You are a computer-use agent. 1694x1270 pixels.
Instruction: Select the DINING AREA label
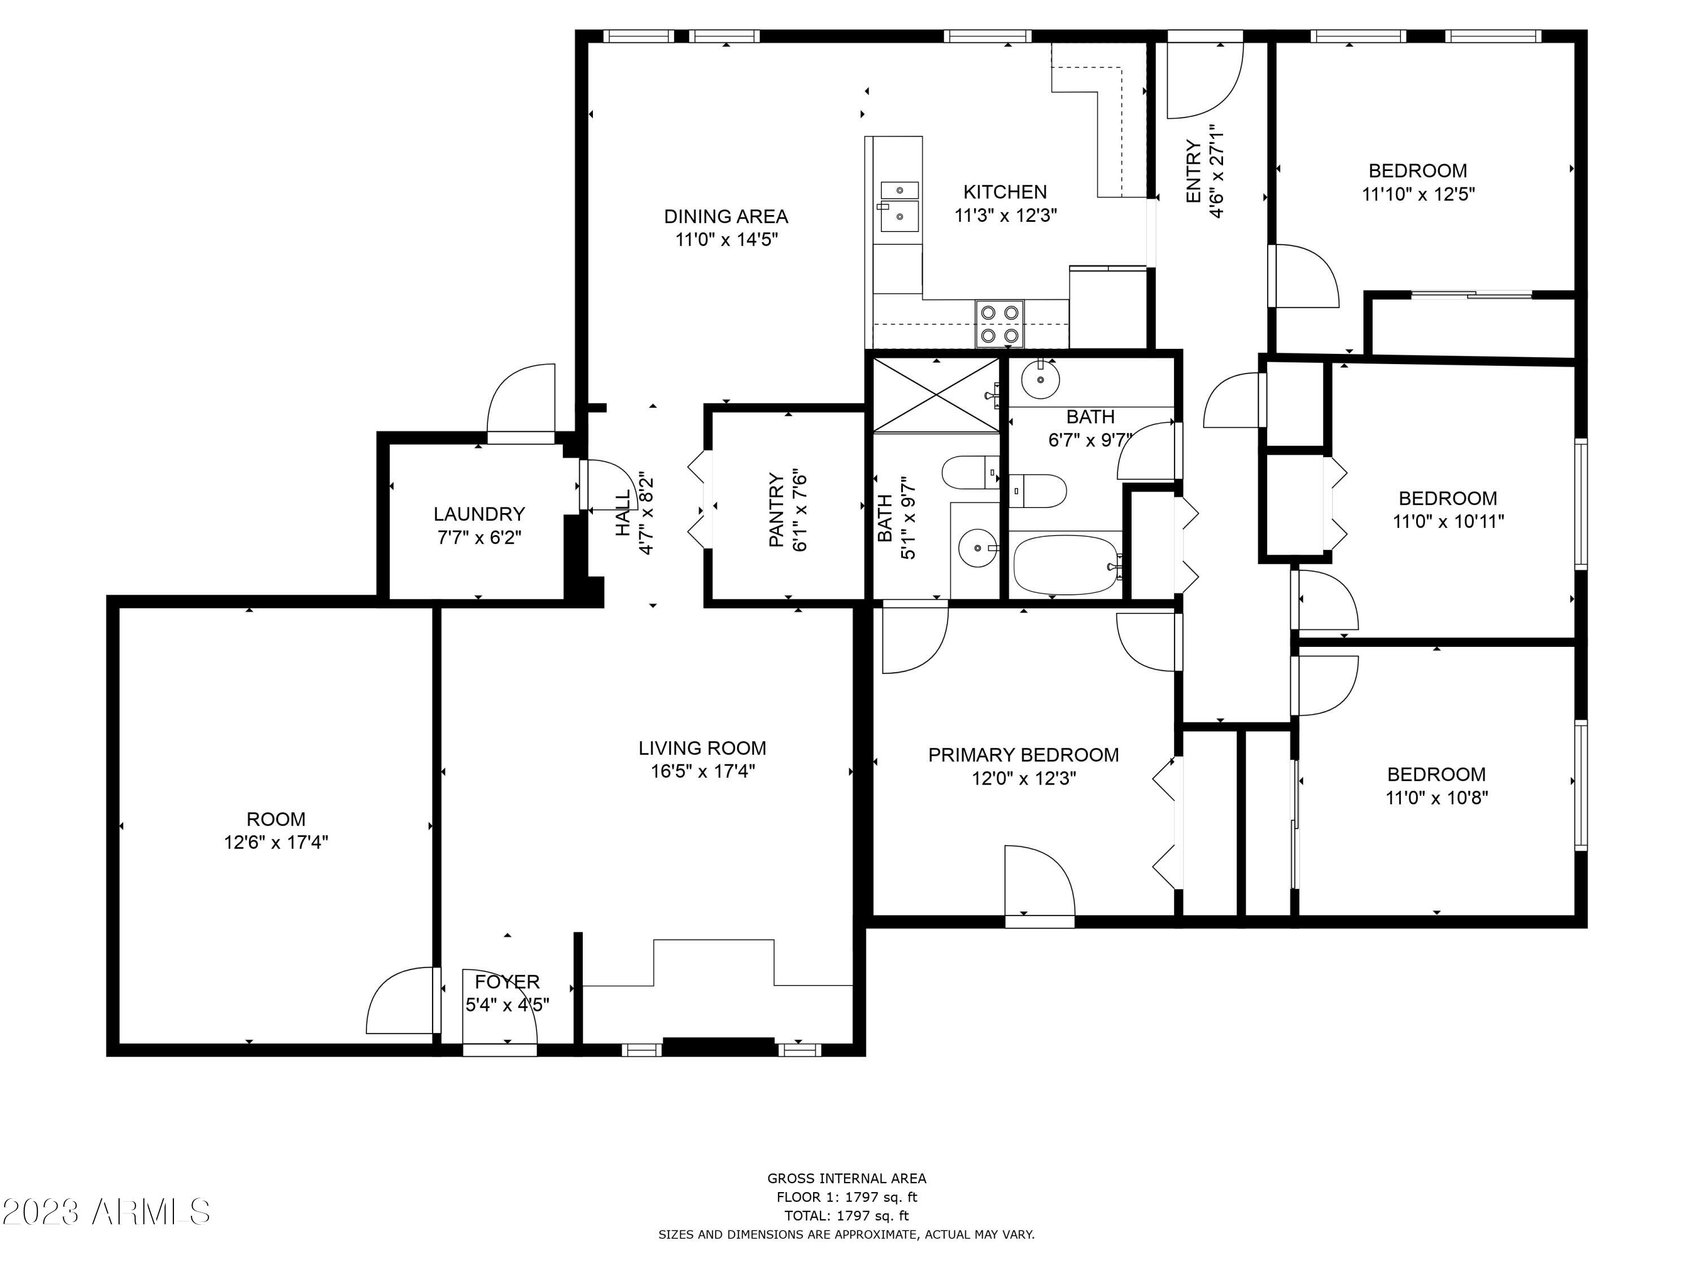pyautogui.click(x=726, y=217)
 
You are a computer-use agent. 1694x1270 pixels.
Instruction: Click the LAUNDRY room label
pyautogui.click(x=479, y=514)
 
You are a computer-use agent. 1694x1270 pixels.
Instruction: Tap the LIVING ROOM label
pyautogui.click(x=702, y=748)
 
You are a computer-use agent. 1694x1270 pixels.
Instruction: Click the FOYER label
pyautogui.click(x=507, y=982)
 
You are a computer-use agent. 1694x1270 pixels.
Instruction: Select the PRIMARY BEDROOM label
pyautogui.click(x=1023, y=755)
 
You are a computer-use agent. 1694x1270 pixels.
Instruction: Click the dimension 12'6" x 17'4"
pyautogui.click(x=276, y=843)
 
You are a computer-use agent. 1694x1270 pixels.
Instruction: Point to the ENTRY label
pyautogui.click(x=1193, y=172)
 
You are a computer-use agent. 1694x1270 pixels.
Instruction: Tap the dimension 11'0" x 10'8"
pyautogui.click(x=1437, y=798)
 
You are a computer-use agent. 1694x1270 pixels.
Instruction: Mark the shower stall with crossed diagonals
pyautogui.click(x=937, y=396)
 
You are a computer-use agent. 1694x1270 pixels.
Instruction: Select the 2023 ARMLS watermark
pyautogui.click(x=107, y=1212)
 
